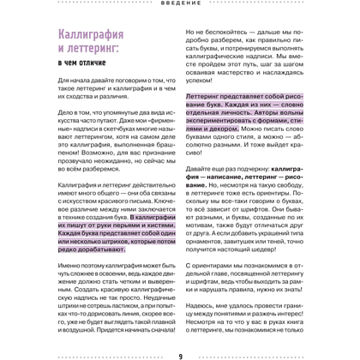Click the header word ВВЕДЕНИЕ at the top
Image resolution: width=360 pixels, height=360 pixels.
pyautogui.click(x=179, y=4)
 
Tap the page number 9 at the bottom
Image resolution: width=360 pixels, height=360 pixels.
pyautogui.click(x=180, y=355)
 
